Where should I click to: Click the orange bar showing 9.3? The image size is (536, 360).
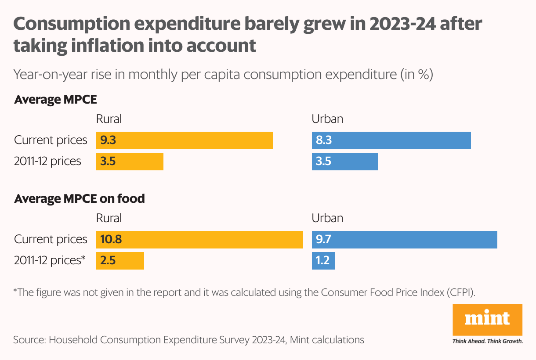(185, 140)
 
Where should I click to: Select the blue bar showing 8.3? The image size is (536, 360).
(391, 140)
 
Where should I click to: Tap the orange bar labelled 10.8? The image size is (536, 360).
(199, 240)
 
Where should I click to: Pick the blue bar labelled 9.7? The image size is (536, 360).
(404, 240)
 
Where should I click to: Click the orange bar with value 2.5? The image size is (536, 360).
(120, 261)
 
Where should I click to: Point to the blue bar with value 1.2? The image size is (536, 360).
(323, 261)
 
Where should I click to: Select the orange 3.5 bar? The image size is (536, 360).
(130, 162)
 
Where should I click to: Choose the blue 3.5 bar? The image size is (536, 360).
(344, 162)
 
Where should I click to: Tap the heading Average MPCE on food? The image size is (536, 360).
(80, 199)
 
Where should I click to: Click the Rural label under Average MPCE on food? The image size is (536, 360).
(109, 218)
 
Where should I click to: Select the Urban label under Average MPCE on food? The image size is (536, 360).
(327, 218)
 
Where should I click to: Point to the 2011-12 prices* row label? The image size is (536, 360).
(50, 260)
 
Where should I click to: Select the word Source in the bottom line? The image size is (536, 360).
(28, 340)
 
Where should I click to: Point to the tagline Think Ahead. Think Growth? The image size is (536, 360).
(487, 341)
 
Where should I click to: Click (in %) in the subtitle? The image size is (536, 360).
(416, 75)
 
